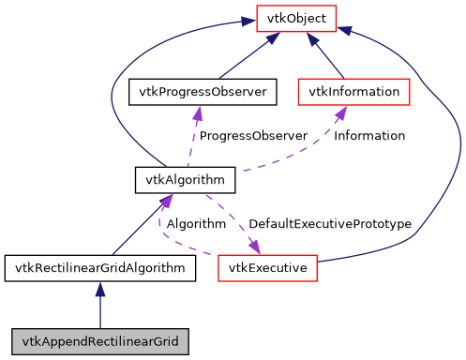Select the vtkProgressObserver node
point(197,92)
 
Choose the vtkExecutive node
point(268,268)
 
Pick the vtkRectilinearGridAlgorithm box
point(100,268)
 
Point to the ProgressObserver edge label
point(253,136)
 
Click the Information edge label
point(369,136)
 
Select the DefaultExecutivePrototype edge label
point(330,224)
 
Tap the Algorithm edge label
point(196,224)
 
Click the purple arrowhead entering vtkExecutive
point(253,248)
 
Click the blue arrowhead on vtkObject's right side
point(346,31)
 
